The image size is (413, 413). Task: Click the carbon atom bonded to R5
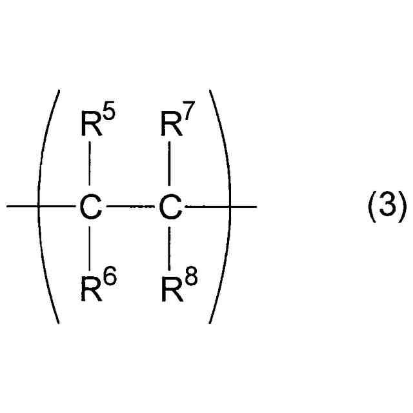pos(90,207)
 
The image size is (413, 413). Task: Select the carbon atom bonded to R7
pos(169,207)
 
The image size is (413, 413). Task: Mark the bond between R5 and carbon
pos(90,165)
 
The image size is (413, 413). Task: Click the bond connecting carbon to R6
pos(90,248)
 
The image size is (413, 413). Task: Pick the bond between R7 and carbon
pos(169,165)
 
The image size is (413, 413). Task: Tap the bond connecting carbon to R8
pos(169,248)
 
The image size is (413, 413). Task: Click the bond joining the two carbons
pos(130,207)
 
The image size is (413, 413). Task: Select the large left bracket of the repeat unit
pos(45,207)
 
